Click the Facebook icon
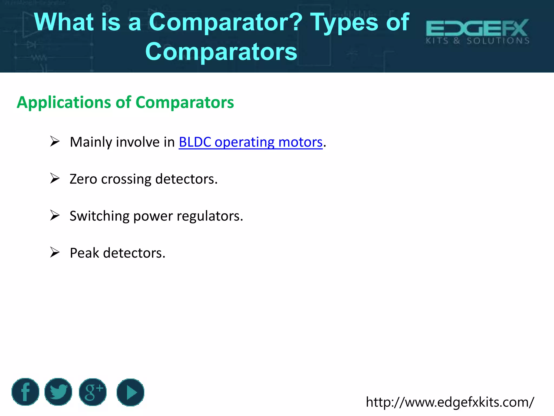25,392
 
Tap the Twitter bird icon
58,392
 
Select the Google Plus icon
93,392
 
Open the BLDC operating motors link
250,142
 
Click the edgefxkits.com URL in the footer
450,402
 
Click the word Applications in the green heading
64,102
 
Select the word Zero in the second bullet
83,179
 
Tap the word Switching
99,216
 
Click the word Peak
84,253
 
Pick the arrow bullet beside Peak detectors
55,252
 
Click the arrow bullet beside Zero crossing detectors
55,178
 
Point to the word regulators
210,216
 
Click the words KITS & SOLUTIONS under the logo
477,41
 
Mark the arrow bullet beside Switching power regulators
55,216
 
